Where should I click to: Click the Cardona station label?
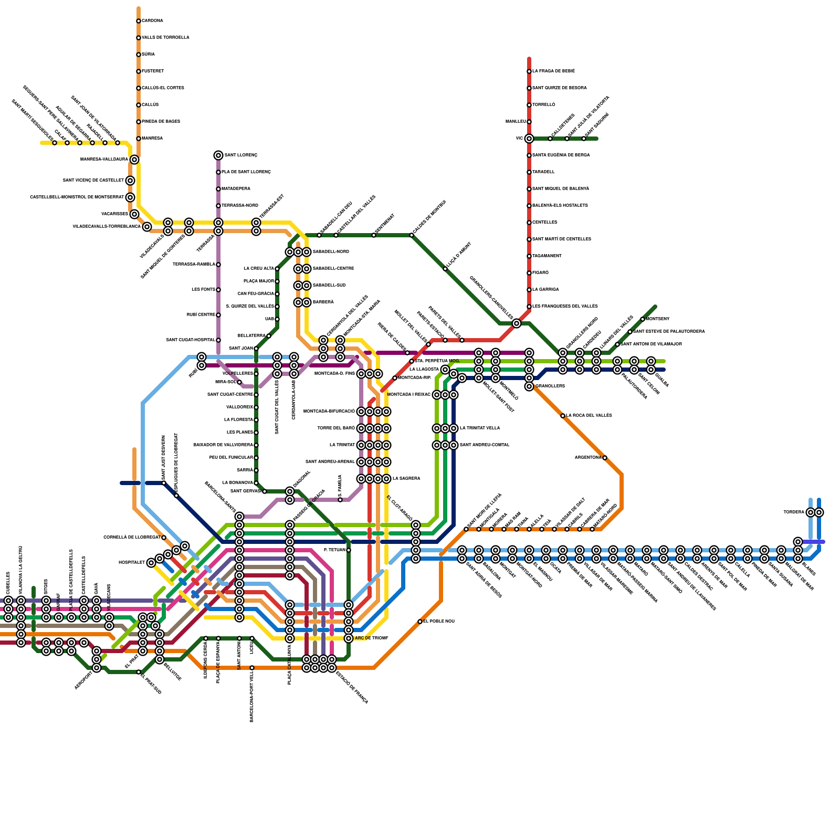click(x=152, y=21)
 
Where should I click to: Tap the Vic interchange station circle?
click(x=529, y=139)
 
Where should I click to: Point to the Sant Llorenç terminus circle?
click(x=218, y=155)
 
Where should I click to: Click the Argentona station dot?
click(x=605, y=458)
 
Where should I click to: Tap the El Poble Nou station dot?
click(x=420, y=622)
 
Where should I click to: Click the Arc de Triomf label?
click(x=371, y=638)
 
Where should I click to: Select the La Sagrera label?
click(x=406, y=479)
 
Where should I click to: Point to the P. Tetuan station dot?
click(x=349, y=550)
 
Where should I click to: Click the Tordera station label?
click(x=793, y=512)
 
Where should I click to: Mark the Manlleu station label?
click(x=516, y=122)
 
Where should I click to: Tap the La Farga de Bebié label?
click(x=553, y=71)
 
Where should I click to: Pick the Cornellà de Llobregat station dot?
click(x=164, y=538)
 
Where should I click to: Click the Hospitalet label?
click(x=131, y=563)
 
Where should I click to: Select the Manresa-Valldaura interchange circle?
click(x=134, y=160)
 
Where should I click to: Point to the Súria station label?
click(x=148, y=55)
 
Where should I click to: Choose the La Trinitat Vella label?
click(x=480, y=428)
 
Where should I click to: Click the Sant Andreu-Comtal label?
click(x=485, y=445)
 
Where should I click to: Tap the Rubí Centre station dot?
click(x=218, y=315)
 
